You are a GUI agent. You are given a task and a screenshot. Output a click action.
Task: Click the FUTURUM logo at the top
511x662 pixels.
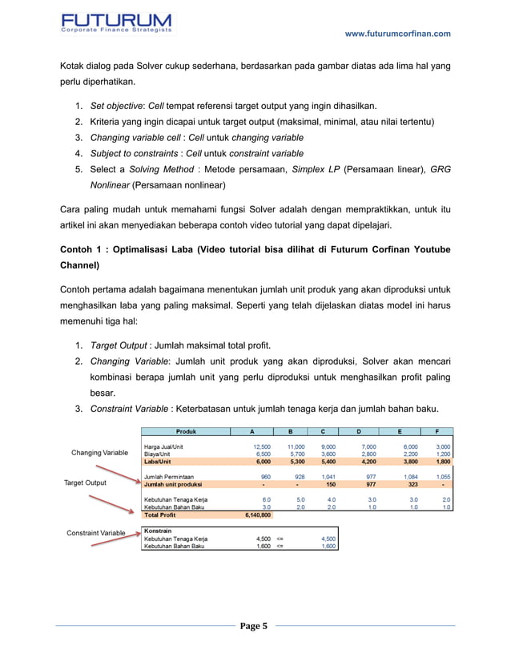click(x=116, y=23)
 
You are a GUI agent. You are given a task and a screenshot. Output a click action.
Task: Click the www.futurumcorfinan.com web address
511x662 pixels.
click(x=397, y=34)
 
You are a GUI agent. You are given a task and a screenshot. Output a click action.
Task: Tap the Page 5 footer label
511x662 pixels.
click(x=255, y=626)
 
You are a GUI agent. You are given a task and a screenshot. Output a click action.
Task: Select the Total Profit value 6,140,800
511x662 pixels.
click(x=255, y=515)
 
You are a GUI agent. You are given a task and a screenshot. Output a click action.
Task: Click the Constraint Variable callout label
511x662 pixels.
click(x=95, y=533)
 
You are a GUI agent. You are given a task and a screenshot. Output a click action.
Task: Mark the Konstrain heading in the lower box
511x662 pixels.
click(x=158, y=530)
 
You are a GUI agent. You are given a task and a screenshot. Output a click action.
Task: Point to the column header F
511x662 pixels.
click(x=437, y=430)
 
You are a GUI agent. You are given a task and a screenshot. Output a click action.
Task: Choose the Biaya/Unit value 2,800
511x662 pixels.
click(x=366, y=454)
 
